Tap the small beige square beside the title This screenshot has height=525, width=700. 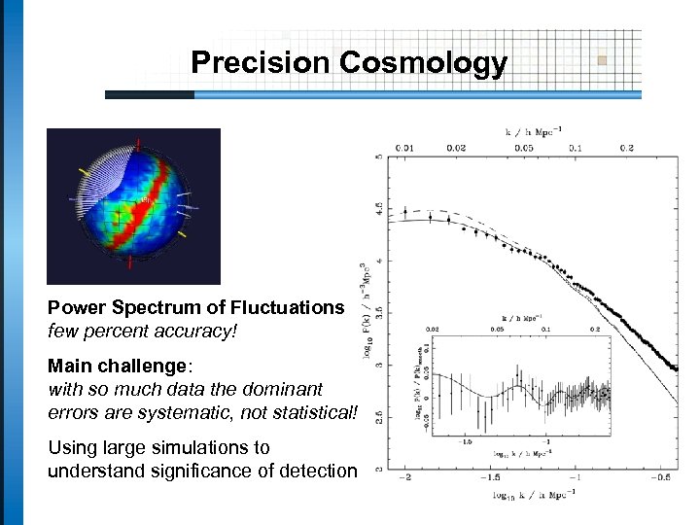coord(602,60)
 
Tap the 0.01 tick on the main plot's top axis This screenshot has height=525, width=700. coord(404,148)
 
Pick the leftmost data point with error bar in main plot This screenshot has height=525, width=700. coord(405,213)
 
